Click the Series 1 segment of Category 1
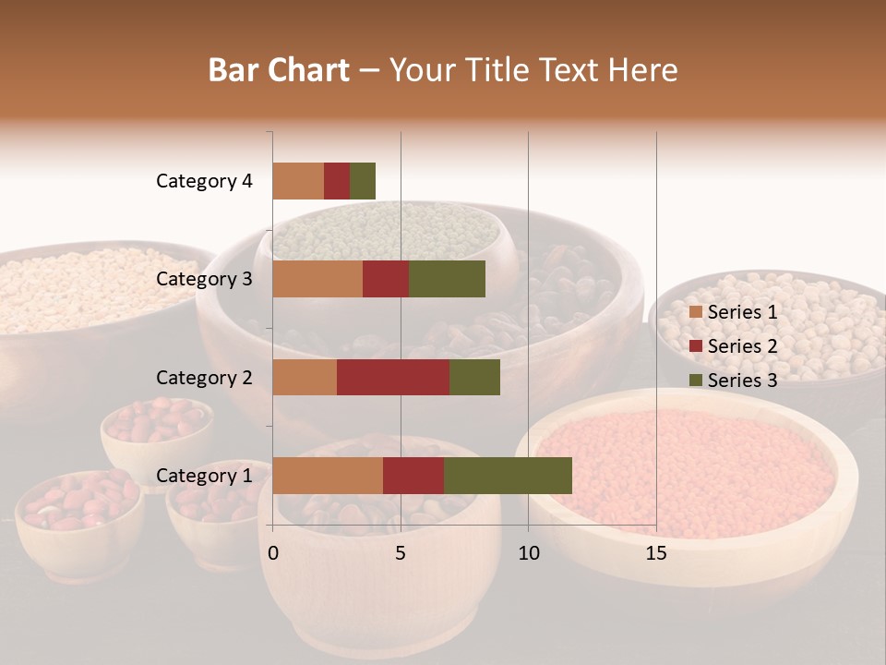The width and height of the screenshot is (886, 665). [328, 476]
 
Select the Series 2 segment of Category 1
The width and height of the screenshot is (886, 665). [413, 476]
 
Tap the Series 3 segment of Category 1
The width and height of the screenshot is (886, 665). [508, 476]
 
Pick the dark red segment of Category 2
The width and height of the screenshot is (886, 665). [393, 377]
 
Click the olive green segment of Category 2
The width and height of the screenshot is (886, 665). [474, 377]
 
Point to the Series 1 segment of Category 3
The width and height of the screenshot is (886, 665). [317, 279]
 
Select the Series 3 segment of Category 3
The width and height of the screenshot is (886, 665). [447, 279]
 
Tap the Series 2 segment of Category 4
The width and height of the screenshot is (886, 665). [337, 181]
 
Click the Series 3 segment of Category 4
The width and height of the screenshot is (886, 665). [363, 181]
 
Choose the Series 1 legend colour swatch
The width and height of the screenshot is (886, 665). [696, 312]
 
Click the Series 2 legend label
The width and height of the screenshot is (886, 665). [742, 346]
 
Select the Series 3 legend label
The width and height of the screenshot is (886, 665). [742, 381]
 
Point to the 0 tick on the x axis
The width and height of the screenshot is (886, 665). [273, 553]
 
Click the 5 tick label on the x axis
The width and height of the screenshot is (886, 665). [401, 553]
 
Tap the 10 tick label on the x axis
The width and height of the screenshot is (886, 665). [528, 553]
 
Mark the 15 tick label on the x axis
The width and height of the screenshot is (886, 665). [655, 553]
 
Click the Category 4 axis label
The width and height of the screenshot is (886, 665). [204, 181]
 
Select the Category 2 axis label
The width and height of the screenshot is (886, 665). [204, 377]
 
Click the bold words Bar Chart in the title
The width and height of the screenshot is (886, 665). [278, 70]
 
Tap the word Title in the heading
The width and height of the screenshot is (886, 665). [500, 70]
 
